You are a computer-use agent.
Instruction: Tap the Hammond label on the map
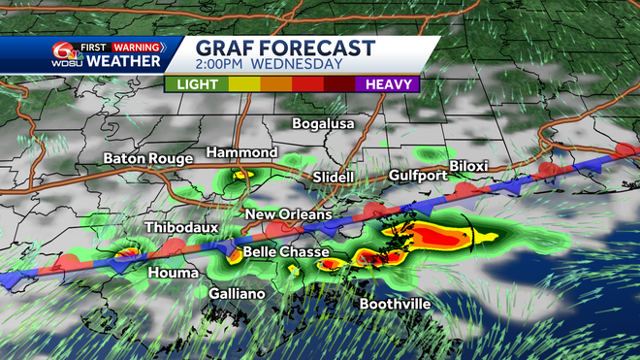click(x=241, y=153)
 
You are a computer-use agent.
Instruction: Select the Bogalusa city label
click(x=324, y=124)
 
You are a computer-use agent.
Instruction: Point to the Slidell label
click(x=334, y=178)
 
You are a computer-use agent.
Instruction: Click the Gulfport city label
click(x=418, y=176)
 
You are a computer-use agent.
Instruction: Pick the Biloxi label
click(x=466, y=166)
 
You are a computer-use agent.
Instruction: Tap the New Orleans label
click(x=288, y=214)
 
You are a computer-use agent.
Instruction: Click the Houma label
click(x=174, y=273)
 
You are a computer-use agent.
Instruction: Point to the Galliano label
click(x=237, y=292)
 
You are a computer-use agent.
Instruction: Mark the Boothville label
click(x=395, y=304)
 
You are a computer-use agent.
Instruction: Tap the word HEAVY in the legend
click(x=386, y=84)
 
